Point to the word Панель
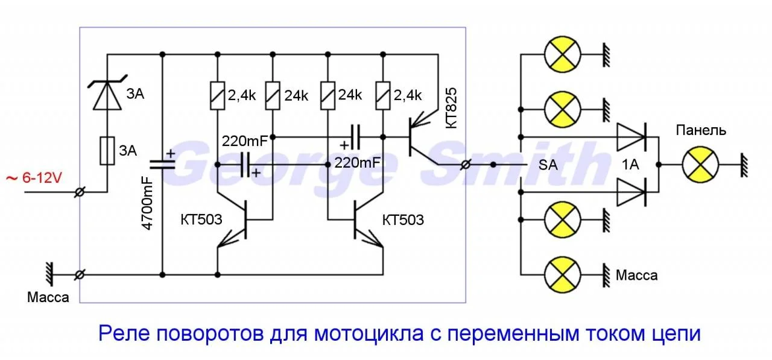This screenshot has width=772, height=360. point(701,130)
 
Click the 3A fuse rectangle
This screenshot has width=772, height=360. point(107,150)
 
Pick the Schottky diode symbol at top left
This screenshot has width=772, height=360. point(107,96)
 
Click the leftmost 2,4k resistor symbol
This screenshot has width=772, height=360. point(217,95)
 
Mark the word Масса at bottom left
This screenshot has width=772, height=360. point(48,297)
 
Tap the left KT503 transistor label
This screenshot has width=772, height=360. point(202,219)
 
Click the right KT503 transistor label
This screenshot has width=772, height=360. point(403,219)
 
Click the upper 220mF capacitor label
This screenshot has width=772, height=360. point(246,141)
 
